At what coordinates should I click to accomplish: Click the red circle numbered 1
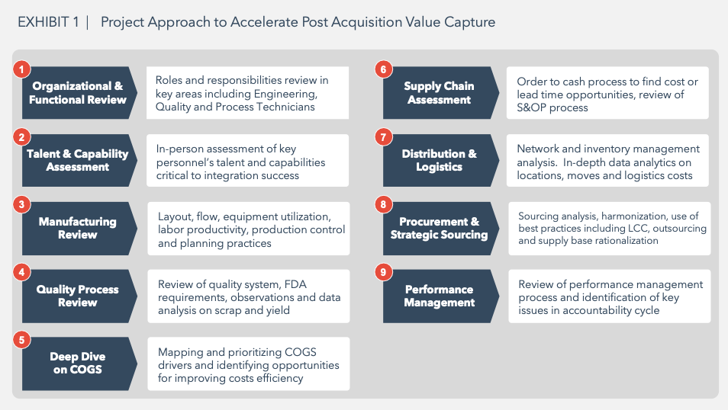tap(21, 69)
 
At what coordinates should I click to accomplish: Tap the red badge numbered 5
tap(21, 340)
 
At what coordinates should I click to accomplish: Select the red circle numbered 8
tap(383, 204)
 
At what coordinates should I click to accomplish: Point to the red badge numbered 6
tap(383, 69)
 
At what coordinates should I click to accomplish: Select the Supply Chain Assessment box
tap(440, 93)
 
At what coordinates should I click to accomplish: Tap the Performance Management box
tap(440, 296)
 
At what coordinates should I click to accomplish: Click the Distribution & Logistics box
tap(440, 161)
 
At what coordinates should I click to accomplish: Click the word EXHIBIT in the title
tap(43, 22)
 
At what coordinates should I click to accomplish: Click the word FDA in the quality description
tap(295, 284)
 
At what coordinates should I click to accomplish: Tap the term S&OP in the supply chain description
tap(532, 107)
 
